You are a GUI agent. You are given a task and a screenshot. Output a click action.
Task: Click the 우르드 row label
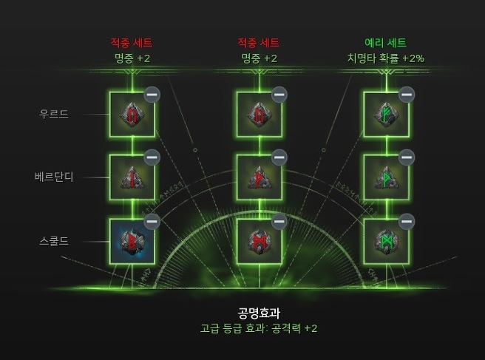(53, 114)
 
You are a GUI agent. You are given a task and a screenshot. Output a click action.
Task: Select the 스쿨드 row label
(53, 241)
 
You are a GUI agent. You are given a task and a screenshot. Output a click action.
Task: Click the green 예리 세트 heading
(386, 43)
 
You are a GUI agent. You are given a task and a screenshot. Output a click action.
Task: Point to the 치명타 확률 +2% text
(386, 58)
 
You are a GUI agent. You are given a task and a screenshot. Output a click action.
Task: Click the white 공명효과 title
(259, 313)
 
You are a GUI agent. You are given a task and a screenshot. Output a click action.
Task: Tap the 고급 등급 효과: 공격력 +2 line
(259, 328)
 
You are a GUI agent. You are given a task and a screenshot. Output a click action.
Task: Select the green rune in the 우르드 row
(386, 115)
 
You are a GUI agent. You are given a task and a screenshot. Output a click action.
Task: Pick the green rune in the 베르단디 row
(386, 178)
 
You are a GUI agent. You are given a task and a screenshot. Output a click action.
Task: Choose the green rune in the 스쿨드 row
(386, 242)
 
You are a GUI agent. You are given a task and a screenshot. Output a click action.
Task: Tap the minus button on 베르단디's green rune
(407, 157)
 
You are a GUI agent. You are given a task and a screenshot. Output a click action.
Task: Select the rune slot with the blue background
(132, 242)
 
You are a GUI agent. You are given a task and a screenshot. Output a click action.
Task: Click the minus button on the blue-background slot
(152, 221)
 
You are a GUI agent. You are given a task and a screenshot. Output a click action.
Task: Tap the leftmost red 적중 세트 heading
(132, 43)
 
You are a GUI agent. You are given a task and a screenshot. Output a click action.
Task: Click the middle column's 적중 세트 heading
(259, 43)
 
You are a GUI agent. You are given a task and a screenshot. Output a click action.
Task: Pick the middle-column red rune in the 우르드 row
(259, 115)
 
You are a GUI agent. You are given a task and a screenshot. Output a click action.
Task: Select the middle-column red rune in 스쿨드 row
(259, 242)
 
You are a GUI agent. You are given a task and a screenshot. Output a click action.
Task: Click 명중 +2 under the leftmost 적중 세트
(132, 58)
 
